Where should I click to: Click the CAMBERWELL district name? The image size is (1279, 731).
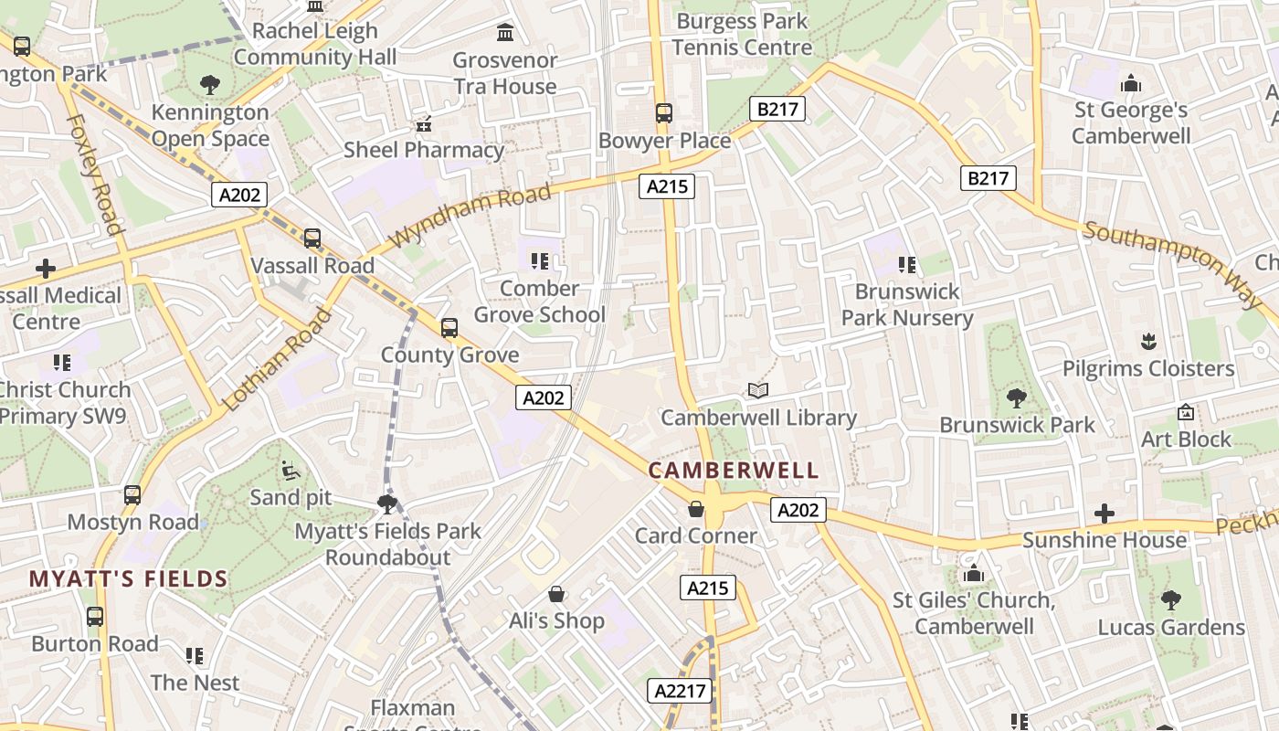[x=734, y=471]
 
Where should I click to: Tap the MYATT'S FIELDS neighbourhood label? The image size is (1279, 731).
[x=128, y=579]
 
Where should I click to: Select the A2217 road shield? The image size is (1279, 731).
[x=682, y=691]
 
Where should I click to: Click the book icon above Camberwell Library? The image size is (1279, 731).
[x=758, y=391]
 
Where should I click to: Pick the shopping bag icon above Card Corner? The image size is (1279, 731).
[x=696, y=509]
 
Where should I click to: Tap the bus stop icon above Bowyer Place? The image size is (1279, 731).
[x=664, y=113]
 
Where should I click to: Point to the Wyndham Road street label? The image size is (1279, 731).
[x=471, y=215]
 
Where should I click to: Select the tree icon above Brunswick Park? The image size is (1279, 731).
[x=1016, y=398]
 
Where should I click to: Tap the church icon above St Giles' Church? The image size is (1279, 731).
[x=974, y=574]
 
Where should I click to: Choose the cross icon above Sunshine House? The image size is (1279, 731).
[x=1105, y=514]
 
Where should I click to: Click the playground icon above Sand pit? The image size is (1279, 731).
[x=291, y=471]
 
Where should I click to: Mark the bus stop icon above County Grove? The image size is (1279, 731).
[x=449, y=328]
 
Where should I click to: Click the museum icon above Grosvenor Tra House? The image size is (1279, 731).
[x=505, y=34]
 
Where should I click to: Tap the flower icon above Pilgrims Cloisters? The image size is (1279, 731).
[x=1148, y=343]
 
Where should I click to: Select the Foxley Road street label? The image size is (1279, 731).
[x=94, y=174]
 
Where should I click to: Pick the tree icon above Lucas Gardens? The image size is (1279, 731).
[x=1171, y=600]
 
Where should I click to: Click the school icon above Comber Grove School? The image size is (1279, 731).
[x=539, y=261]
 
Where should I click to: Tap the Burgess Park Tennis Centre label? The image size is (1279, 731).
[x=742, y=34]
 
